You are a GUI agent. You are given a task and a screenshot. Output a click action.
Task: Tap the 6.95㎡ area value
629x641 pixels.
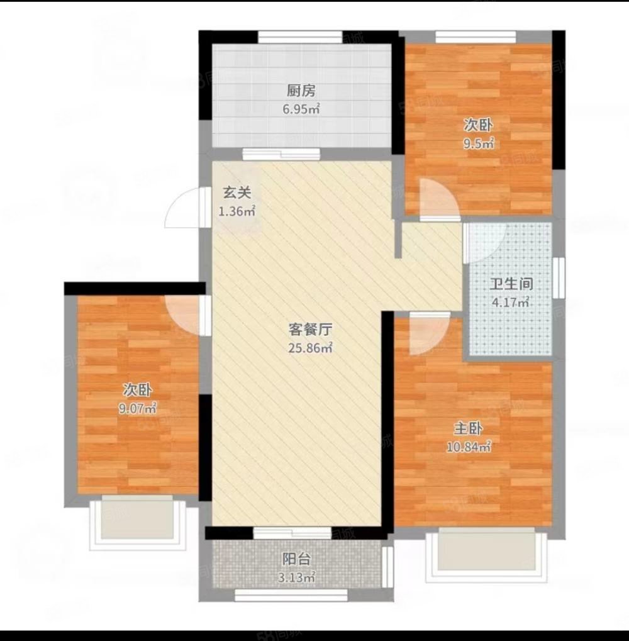pyautogui.click(x=301, y=109)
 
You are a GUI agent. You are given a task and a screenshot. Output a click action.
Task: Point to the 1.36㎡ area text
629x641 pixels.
pyautogui.click(x=237, y=211)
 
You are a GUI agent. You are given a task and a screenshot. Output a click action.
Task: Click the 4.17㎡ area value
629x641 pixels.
pyautogui.click(x=509, y=303)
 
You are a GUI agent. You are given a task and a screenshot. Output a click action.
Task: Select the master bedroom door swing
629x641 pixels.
pyautogui.click(x=426, y=335)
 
